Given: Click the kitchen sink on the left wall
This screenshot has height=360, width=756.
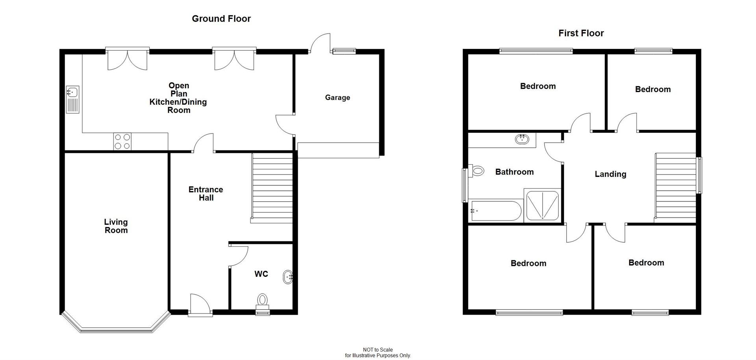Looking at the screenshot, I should coord(72,99).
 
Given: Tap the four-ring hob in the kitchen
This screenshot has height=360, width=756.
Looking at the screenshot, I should coord(122,142).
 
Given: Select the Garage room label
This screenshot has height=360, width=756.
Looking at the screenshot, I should coord(337,98).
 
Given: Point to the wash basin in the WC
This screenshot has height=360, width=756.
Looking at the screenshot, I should coord(288,277).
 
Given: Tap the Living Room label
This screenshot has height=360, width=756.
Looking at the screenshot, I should coord(116,226).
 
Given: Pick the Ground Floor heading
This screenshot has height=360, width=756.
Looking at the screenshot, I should coord(221,19).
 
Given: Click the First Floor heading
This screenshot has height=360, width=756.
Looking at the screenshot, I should coord(581,33).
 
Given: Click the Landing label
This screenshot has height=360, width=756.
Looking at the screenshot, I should coord(610,174).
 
